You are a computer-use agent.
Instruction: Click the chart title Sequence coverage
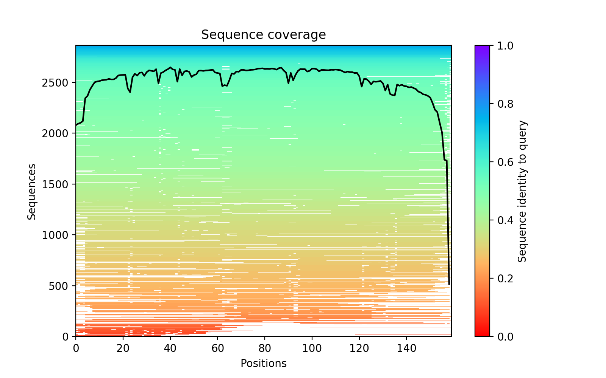click(x=263, y=35)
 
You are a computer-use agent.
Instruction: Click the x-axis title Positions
click(x=263, y=364)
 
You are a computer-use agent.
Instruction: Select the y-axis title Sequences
click(x=32, y=191)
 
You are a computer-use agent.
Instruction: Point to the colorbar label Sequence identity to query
click(x=523, y=191)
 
